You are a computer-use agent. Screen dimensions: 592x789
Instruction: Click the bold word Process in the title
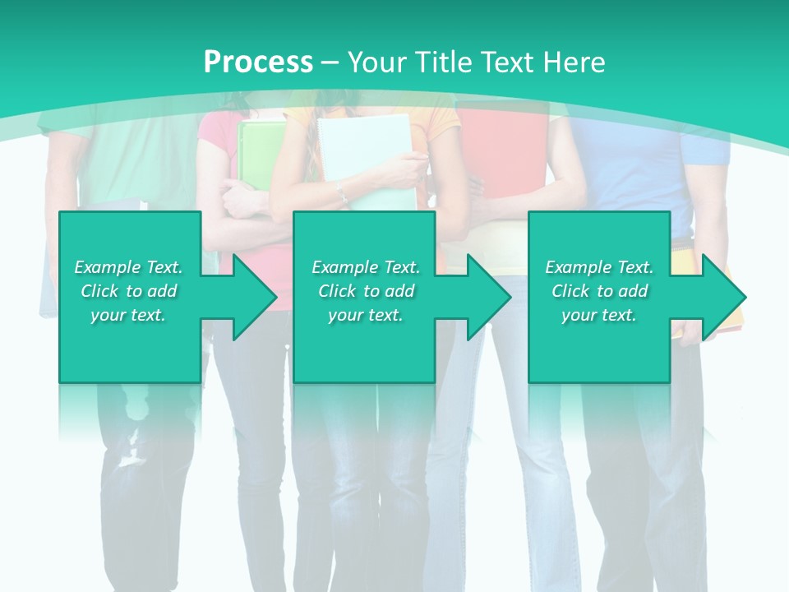point(258,62)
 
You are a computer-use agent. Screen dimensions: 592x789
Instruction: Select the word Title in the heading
point(441,62)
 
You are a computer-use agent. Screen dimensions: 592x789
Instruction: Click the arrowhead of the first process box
point(251,297)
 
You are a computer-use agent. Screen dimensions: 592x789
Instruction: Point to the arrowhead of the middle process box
point(486,297)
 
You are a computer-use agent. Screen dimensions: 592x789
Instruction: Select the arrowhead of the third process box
point(722,297)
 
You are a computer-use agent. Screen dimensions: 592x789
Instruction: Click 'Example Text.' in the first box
point(128,267)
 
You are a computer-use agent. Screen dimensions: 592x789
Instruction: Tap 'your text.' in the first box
point(128,315)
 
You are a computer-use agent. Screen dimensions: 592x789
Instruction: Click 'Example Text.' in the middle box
point(366,267)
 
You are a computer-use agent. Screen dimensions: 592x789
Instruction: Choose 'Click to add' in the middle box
point(366,291)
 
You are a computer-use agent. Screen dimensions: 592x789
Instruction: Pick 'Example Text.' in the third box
point(599,267)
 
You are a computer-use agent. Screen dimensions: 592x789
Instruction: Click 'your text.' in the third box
point(599,315)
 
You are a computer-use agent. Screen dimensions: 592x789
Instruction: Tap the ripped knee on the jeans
point(131,448)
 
